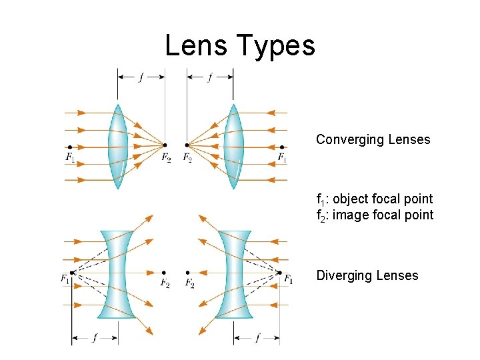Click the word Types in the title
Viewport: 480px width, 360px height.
(x=279, y=47)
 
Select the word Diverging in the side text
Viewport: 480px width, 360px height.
(x=344, y=276)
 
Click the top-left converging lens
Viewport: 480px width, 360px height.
(x=118, y=146)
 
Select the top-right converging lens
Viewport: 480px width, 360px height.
(x=233, y=146)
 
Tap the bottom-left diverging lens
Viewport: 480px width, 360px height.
(x=117, y=274)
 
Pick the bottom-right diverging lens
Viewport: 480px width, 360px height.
(x=234, y=274)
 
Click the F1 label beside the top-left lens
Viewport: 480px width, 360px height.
(x=71, y=158)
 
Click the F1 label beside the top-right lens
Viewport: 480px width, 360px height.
(x=283, y=158)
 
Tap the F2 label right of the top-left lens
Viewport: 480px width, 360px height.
(x=165, y=158)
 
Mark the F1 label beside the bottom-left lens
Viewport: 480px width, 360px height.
(x=65, y=279)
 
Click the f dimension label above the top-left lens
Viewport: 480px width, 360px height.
(x=141, y=77)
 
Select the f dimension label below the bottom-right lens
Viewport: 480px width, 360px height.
(x=257, y=338)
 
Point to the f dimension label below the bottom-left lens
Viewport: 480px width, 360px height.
(x=95, y=338)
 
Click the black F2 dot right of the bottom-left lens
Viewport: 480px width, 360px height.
(x=165, y=272)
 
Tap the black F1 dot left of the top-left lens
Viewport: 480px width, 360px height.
(x=70, y=147)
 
